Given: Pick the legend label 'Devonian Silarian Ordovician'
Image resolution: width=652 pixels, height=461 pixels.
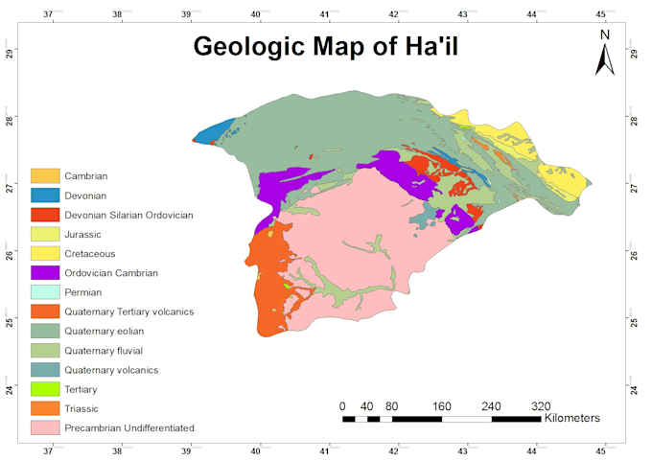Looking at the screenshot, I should [128, 215].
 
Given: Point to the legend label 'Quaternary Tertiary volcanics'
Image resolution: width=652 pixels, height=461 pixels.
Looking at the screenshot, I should [128, 311].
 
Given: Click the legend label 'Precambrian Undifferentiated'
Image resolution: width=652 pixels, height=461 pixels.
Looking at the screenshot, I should [129, 427].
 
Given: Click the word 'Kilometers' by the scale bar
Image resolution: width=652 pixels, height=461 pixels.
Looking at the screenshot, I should [571, 419].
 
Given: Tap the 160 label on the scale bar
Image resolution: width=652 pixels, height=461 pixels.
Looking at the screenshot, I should [442, 405].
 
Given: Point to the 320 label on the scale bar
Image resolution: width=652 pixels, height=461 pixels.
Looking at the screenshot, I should [541, 405].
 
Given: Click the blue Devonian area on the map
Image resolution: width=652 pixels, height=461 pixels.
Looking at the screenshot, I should [220, 129].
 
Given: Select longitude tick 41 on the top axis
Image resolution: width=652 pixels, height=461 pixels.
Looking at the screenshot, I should [325, 14].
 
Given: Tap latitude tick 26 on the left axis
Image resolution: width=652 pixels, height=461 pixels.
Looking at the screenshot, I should [10, 254].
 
